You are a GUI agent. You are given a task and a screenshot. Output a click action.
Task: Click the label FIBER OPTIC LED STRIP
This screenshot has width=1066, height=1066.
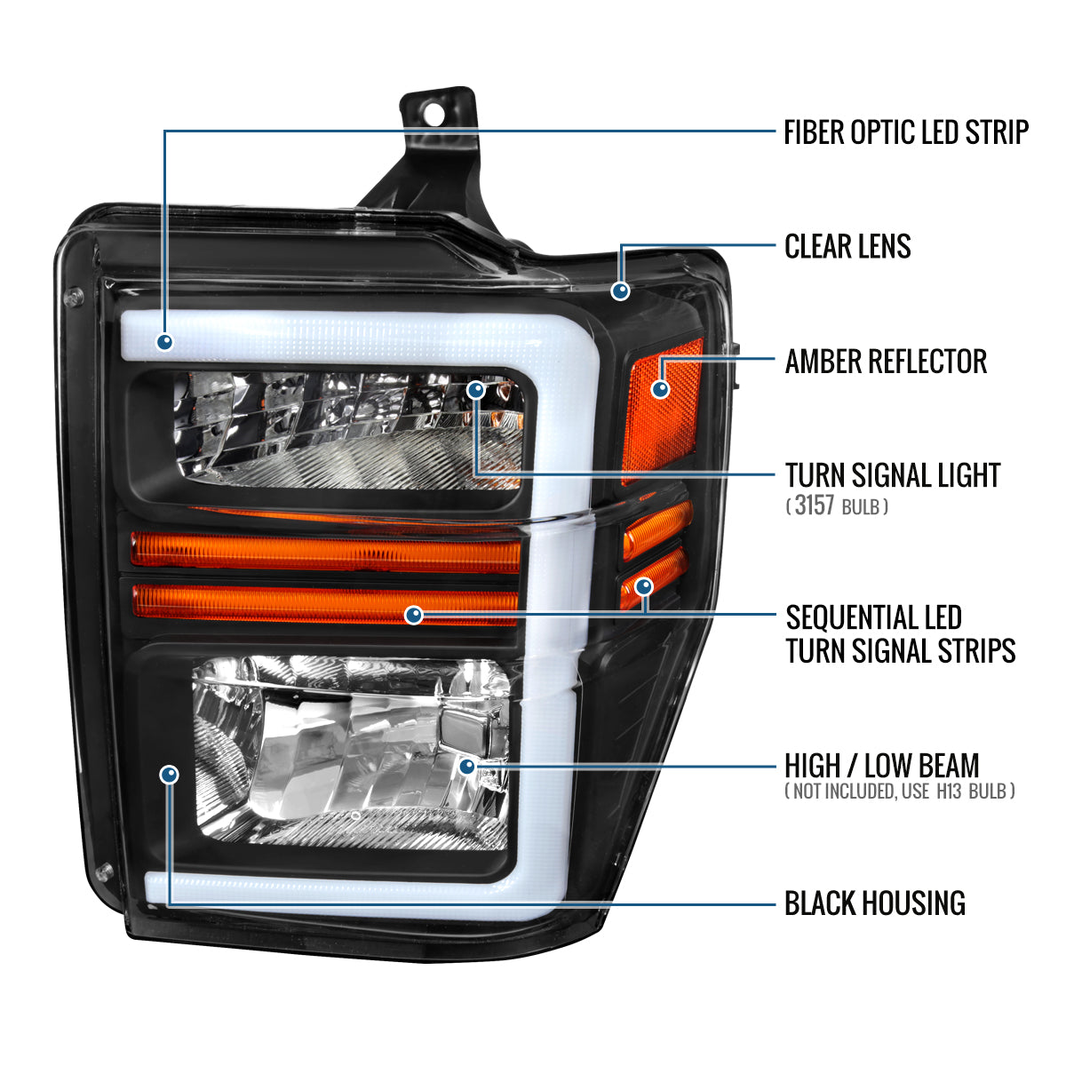[905, 132]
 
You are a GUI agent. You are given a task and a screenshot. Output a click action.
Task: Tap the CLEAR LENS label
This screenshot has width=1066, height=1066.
[847, 246]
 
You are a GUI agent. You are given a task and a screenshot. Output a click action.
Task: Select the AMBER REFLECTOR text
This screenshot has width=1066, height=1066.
[886, 362]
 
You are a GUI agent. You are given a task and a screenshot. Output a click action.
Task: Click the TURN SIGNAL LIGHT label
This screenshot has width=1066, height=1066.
[893, 475]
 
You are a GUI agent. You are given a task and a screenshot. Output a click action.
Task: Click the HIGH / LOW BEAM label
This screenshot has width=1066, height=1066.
[881, 765]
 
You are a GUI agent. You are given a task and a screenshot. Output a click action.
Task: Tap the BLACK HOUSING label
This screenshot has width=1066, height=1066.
[874, 903]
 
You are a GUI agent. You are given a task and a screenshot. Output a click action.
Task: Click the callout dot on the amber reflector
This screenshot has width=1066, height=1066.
[660, 389]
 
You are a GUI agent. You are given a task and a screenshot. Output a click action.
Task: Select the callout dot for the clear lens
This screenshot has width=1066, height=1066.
[621, 290]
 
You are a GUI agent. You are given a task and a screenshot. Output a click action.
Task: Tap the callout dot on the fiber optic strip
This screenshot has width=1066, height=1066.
[164, 341]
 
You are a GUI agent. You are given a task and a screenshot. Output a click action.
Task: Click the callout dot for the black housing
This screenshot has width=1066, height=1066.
[169, 775]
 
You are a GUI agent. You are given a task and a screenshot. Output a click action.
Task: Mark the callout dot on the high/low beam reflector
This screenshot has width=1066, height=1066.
[468, 765]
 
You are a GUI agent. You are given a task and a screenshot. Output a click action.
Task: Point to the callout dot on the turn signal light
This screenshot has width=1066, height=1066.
[476, 389]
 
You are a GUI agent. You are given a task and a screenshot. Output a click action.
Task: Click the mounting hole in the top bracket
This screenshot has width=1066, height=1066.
[434, 113]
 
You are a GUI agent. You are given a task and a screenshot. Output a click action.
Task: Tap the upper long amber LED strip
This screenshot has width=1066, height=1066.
[324, 551]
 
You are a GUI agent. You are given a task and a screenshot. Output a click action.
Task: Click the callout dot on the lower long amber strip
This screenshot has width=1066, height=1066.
[413, 615]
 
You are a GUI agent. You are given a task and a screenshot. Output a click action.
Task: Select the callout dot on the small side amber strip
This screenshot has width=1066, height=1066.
[644, 586]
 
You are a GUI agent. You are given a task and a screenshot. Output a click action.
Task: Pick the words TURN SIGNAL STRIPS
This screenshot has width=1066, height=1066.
[900, 651]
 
